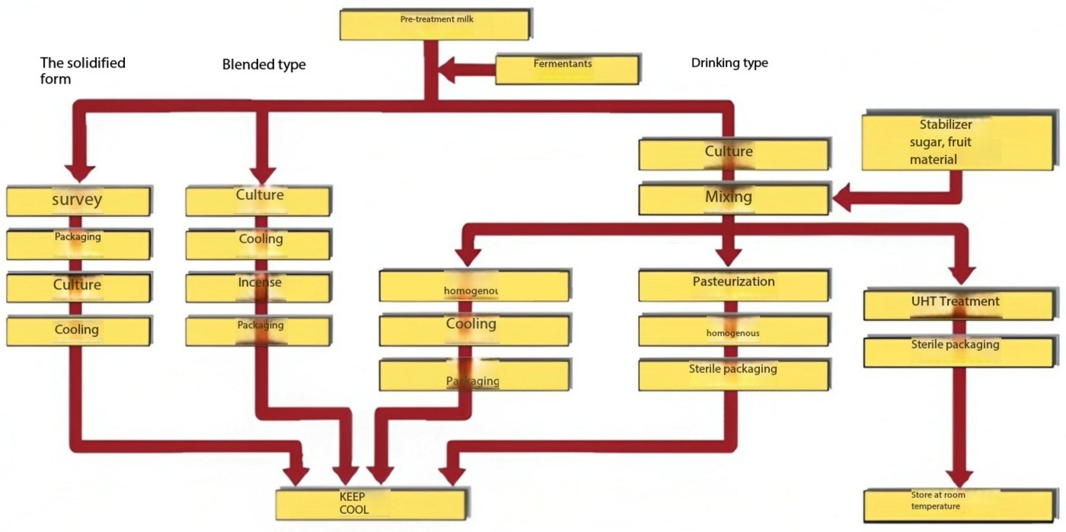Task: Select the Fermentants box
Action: (567, 69)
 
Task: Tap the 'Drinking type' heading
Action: (729, 63)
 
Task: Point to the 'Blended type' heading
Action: (264, 64)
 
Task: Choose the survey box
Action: (78, 201)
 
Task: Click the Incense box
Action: (258, 287)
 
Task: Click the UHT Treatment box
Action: (958, 305)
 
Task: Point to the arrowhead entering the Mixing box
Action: (842, 198)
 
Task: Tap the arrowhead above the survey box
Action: (80, 173)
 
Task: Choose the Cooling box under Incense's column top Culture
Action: (258, 244)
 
